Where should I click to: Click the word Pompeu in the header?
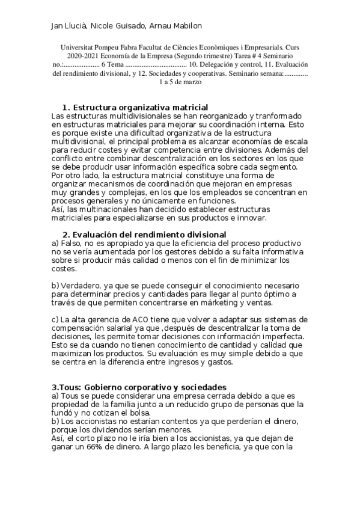[113, 47]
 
